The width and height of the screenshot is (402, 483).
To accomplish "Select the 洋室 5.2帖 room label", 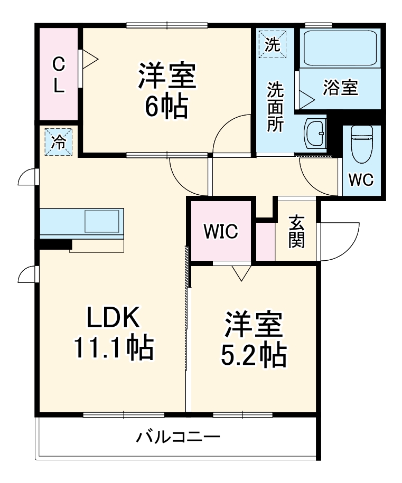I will pyautogui.click(x=253, y=340).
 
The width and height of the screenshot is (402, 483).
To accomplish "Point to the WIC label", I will pyautogui.click(x=221, y=231).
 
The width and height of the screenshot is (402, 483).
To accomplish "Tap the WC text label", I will pyautogui.click(x=361, y=179).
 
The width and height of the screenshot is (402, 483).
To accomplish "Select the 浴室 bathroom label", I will pyautogui.click(x=341, y=88).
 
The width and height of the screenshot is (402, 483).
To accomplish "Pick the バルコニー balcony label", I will pyautogui.click(x=178, y=437).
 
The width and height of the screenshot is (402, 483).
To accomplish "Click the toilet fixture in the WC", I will pyautogui.click(x=362, y=144).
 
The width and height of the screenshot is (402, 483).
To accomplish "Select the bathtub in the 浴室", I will pyautogui.click(x=338, y=48).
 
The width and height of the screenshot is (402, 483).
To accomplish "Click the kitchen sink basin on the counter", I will pyautogui.click(x=102, y=221).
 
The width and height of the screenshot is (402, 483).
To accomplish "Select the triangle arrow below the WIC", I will pyautogui.click(x=241, y=272).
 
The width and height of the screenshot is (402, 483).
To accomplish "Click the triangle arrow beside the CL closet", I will pyautogui.click(x=89, y=58).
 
